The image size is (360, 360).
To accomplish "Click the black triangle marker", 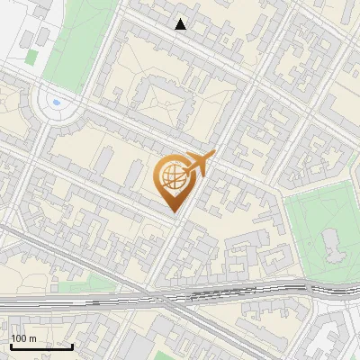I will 181,24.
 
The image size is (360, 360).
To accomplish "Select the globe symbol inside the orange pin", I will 172,178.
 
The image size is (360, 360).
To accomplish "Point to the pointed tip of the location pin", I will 175,212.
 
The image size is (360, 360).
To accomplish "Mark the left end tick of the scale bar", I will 9,346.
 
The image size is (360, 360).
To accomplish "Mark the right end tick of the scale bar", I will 72,346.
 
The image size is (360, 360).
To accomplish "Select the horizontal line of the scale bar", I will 40,347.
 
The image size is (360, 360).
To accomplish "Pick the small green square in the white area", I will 31,57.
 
